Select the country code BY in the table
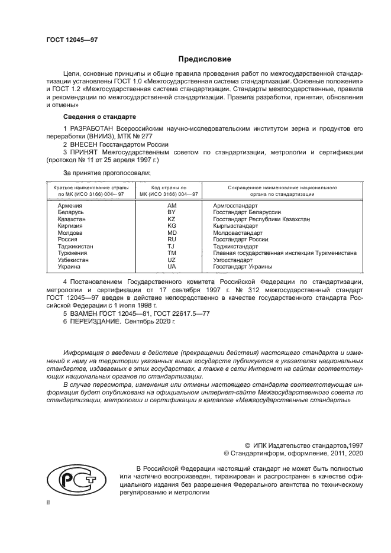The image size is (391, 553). pyautogui.click(x=172, y=212)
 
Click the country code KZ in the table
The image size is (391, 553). pyautogui.click(x=172, y=219)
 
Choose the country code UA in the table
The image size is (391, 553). pyautogui.click(x=172, y=267)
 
